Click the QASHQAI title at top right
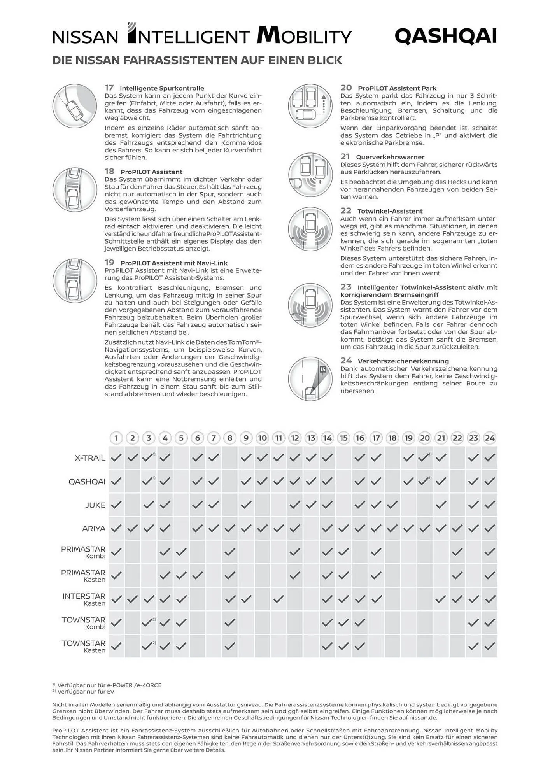[446, 37]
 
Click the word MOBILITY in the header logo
[304, 36]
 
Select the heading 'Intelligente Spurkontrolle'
[162, 88]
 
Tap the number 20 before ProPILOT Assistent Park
[346, 88]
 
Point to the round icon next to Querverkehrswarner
[310, 175]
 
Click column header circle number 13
[311, 438]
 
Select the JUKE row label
[95, 505]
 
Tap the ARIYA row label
[94, 529]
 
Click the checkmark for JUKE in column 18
[392, 505]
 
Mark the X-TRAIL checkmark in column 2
[133, 458]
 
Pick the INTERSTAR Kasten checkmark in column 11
[279, 599]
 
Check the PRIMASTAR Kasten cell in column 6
[198, 575]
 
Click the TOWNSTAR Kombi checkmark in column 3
[147, 622]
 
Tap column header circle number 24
[489, 438]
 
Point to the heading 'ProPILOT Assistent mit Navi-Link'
[174, 263]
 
